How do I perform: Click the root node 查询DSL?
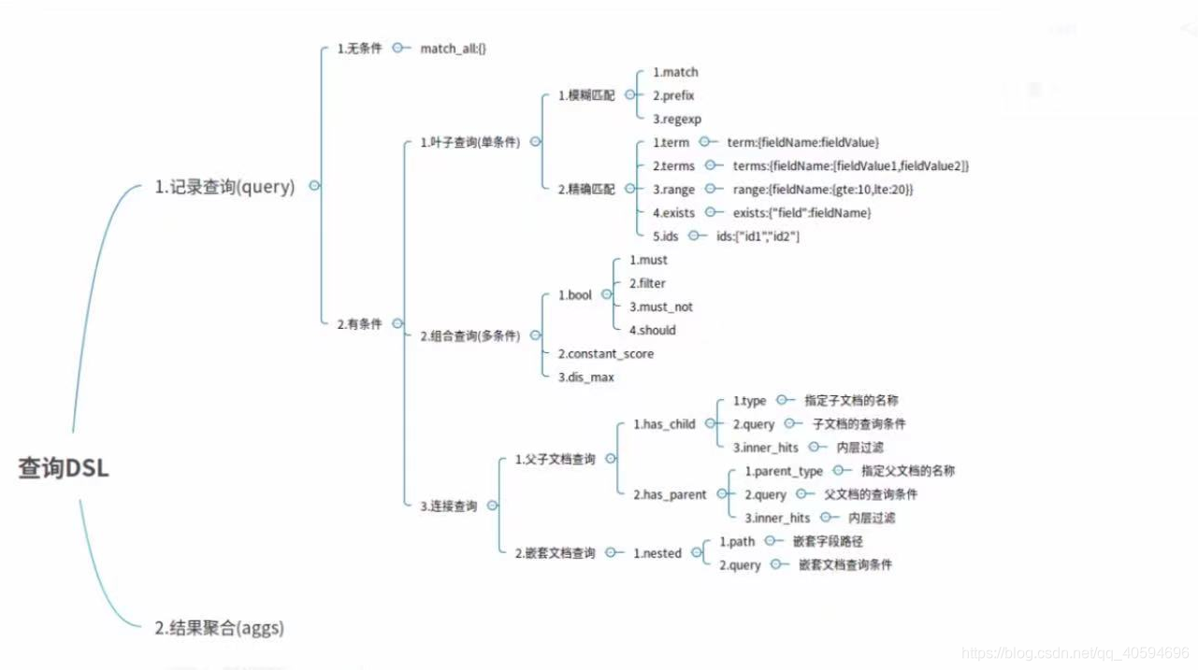64,468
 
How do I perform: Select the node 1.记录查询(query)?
224,187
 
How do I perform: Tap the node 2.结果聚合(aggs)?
219,628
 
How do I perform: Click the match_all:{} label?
454,48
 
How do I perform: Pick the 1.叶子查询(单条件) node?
469,143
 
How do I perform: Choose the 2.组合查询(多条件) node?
469,335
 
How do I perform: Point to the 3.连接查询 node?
448,506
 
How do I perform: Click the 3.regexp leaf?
676,119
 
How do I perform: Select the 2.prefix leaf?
673,95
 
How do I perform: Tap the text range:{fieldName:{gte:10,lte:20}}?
823,190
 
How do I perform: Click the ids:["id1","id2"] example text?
758,236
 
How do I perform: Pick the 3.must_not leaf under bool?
660,306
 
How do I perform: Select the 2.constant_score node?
605,354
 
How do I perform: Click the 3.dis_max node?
585,378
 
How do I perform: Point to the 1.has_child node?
664,424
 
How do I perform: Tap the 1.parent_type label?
784,471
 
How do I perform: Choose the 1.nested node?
657,553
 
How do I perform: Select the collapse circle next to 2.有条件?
397,323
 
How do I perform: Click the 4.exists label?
673,213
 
